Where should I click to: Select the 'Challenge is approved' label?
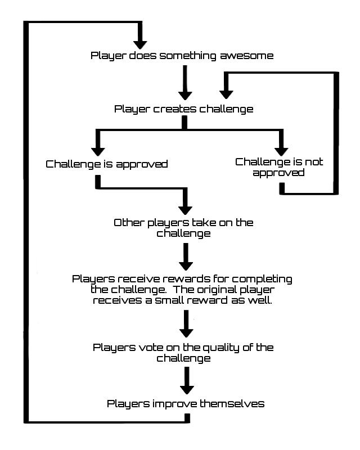pyautogui.click(x=107, y=164)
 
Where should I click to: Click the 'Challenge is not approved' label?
pyautogui.click(x=279, y=167)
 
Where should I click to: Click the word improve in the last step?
pyautogui.click(x=167, y=403)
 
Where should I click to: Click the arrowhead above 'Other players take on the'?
pyautogui.click(x=184, y=206)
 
